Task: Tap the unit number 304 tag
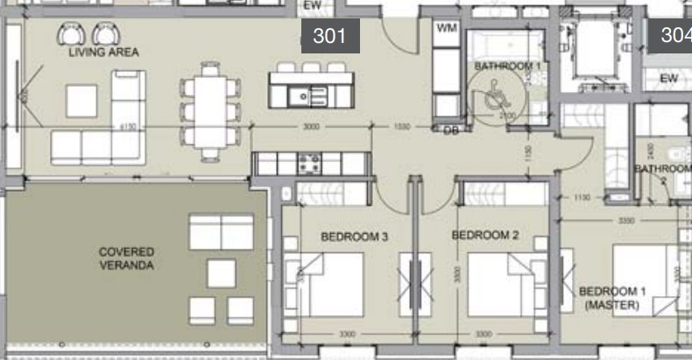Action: click(x=674, y=36)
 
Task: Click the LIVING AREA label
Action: click(x=103, y=53)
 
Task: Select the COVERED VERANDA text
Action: click(x=126, y=258)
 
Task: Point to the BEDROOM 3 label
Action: click(x=354, y=236)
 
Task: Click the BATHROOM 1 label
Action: click(x=508, y=66)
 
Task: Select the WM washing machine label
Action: click(x=447, y=29)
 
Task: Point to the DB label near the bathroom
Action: click(x=451, y=131)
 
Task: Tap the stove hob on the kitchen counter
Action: click(x=309, y=162)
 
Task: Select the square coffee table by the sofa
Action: click(x=81, y=101)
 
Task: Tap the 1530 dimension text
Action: click(x=402, y=127)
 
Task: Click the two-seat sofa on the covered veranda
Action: click(x=221, y=232)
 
